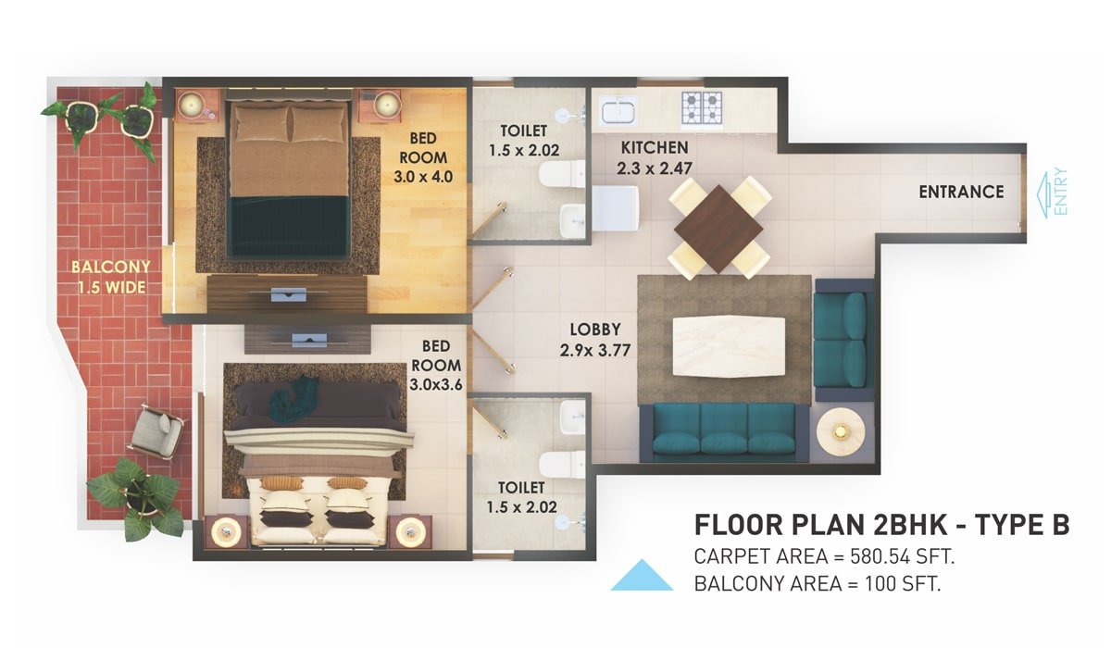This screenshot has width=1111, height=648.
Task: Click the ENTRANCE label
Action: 961,192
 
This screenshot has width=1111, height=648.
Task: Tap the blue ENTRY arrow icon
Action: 1044,194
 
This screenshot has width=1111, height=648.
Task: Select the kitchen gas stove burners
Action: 702,107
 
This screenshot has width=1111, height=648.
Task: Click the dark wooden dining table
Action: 718,229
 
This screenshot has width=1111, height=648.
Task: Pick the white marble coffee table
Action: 729,346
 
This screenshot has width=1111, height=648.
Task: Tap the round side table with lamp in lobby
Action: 841,431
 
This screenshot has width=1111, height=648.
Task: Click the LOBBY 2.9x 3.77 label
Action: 594,340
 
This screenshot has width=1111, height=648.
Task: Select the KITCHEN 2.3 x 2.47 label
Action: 655,157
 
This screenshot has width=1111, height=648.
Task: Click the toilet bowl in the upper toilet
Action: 563,173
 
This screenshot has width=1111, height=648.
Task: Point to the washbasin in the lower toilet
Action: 573,417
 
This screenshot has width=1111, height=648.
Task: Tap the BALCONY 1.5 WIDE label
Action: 111,277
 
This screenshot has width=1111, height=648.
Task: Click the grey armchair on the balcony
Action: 156,431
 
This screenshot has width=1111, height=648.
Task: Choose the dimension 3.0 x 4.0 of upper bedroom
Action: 423,177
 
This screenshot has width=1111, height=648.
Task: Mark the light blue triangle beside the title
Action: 642,576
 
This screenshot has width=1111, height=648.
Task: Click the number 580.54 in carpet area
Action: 880,556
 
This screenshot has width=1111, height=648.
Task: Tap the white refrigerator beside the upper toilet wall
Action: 615,208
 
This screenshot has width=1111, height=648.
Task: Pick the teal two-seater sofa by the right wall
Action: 843,340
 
